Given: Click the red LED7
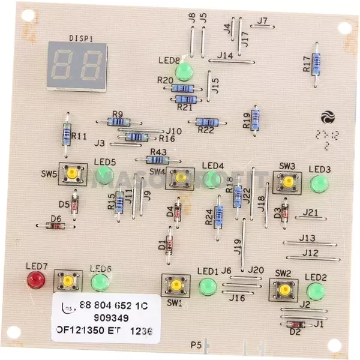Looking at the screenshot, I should click(x=36, y=279).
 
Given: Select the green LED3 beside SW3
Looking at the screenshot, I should click(x=319, y=183).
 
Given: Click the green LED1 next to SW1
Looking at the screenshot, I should click(x=208, y=286).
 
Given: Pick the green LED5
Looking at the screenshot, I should click(x=106, y=175).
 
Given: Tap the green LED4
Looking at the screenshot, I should click(x=211, y=179).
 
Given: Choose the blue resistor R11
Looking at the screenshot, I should click(x=67, y=133).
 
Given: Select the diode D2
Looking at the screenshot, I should click(x=296, y=325).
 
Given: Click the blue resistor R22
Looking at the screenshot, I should click(x=206, y=122).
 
